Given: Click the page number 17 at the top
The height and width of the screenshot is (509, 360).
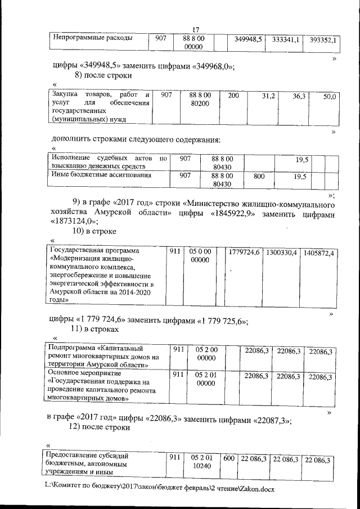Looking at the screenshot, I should click(x=196, y=30).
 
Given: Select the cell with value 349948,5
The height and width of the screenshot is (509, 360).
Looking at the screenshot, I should click(x=249, y=40).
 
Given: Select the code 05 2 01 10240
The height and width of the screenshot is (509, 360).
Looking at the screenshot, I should click(x=200, y=463).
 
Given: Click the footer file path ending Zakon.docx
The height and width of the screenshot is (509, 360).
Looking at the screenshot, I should click(x=161, y=489).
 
